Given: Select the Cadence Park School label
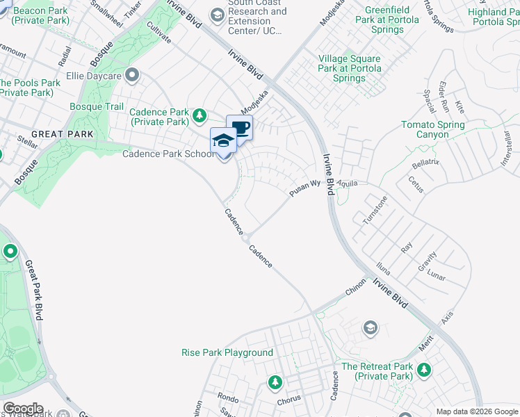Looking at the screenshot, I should (x=168, y=154).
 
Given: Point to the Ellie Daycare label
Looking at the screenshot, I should (x=94, y=75).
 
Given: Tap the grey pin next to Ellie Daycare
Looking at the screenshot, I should (x=132, y=75).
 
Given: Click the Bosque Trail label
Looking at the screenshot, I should (x=97, y=106).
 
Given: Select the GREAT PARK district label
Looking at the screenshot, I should (x=52, y=133).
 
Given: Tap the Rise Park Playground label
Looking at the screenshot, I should (x=227, y=352).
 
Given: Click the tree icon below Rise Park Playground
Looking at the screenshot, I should (x=275, y=382).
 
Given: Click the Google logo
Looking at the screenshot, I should (x=22, y=409).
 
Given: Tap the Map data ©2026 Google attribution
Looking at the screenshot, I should (x=477, y=411).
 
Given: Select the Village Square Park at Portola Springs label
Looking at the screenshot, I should (x=349, y=68).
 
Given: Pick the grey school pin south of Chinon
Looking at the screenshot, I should (x=371, y=327).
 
